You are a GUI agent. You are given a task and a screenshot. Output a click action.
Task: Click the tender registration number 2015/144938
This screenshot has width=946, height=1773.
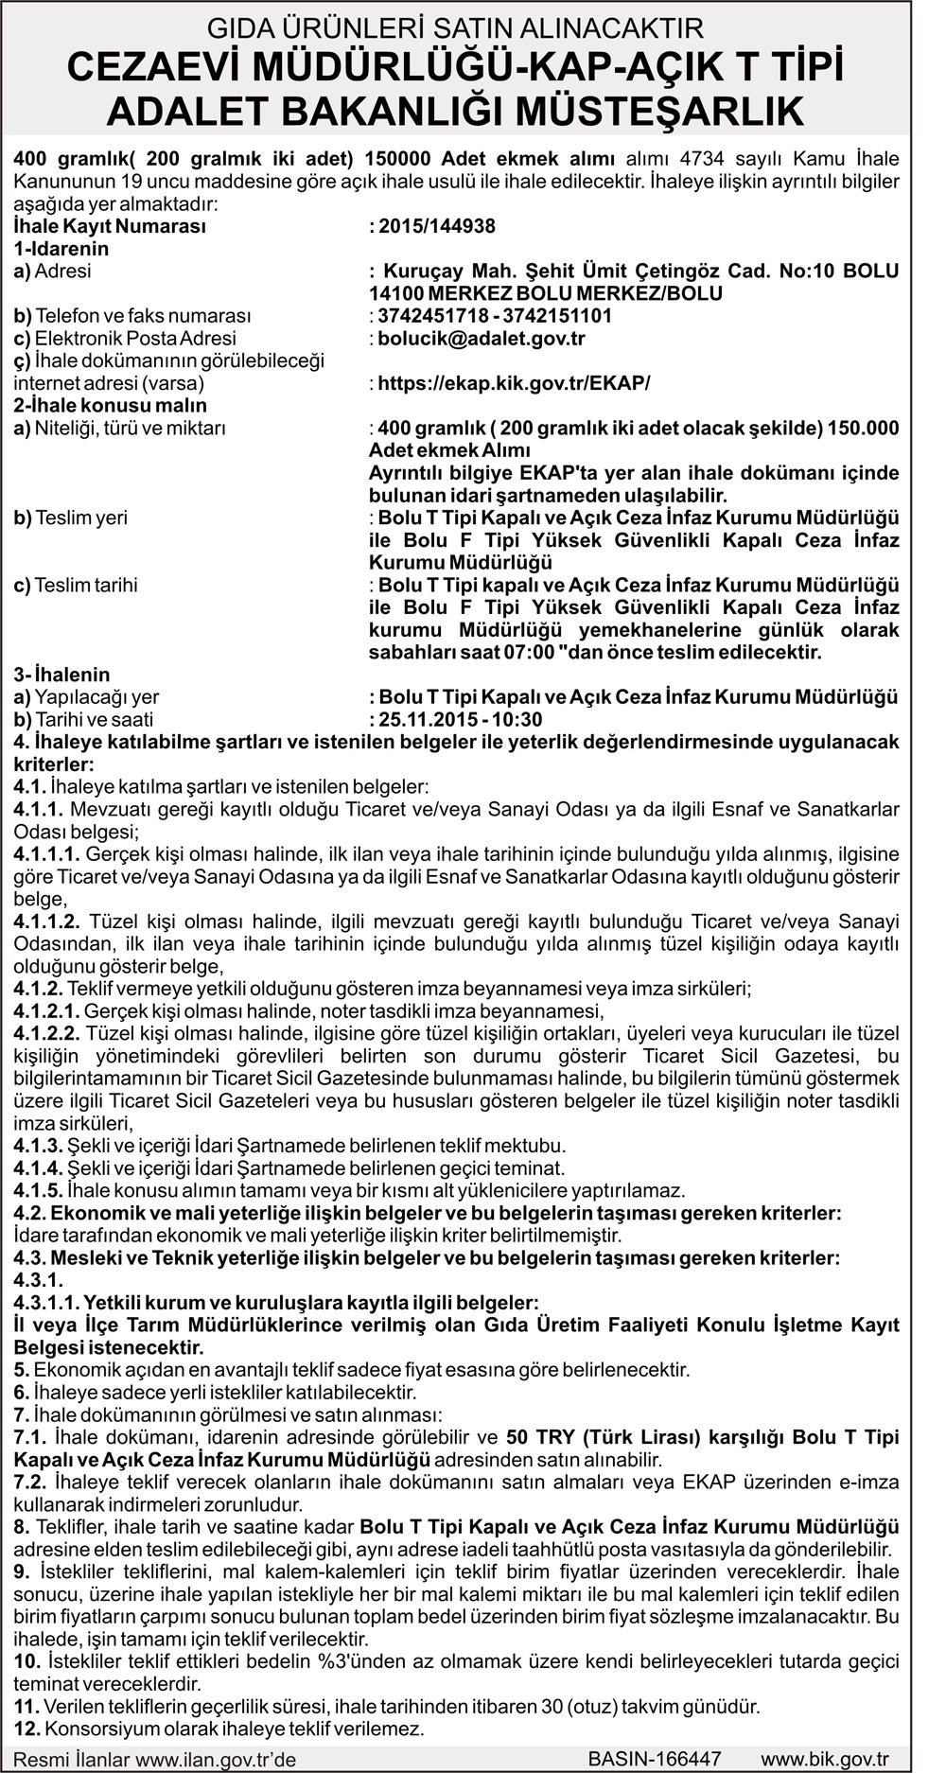(x=436, y=226)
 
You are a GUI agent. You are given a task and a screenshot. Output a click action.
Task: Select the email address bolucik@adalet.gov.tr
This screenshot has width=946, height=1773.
(x=482, y=338)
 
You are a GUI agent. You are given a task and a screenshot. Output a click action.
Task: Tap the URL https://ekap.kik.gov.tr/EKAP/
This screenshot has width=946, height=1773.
(x=514, y=383)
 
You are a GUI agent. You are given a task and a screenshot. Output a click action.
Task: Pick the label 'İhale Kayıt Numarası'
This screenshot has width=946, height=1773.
(x=110, y=226)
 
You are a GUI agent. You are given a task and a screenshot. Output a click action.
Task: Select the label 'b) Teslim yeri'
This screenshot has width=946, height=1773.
(x=71, y=518)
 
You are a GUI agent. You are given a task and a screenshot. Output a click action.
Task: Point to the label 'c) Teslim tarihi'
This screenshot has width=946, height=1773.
(x=76, y=585)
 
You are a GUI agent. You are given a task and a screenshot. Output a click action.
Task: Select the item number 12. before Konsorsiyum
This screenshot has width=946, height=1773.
(x=26, y=1728)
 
